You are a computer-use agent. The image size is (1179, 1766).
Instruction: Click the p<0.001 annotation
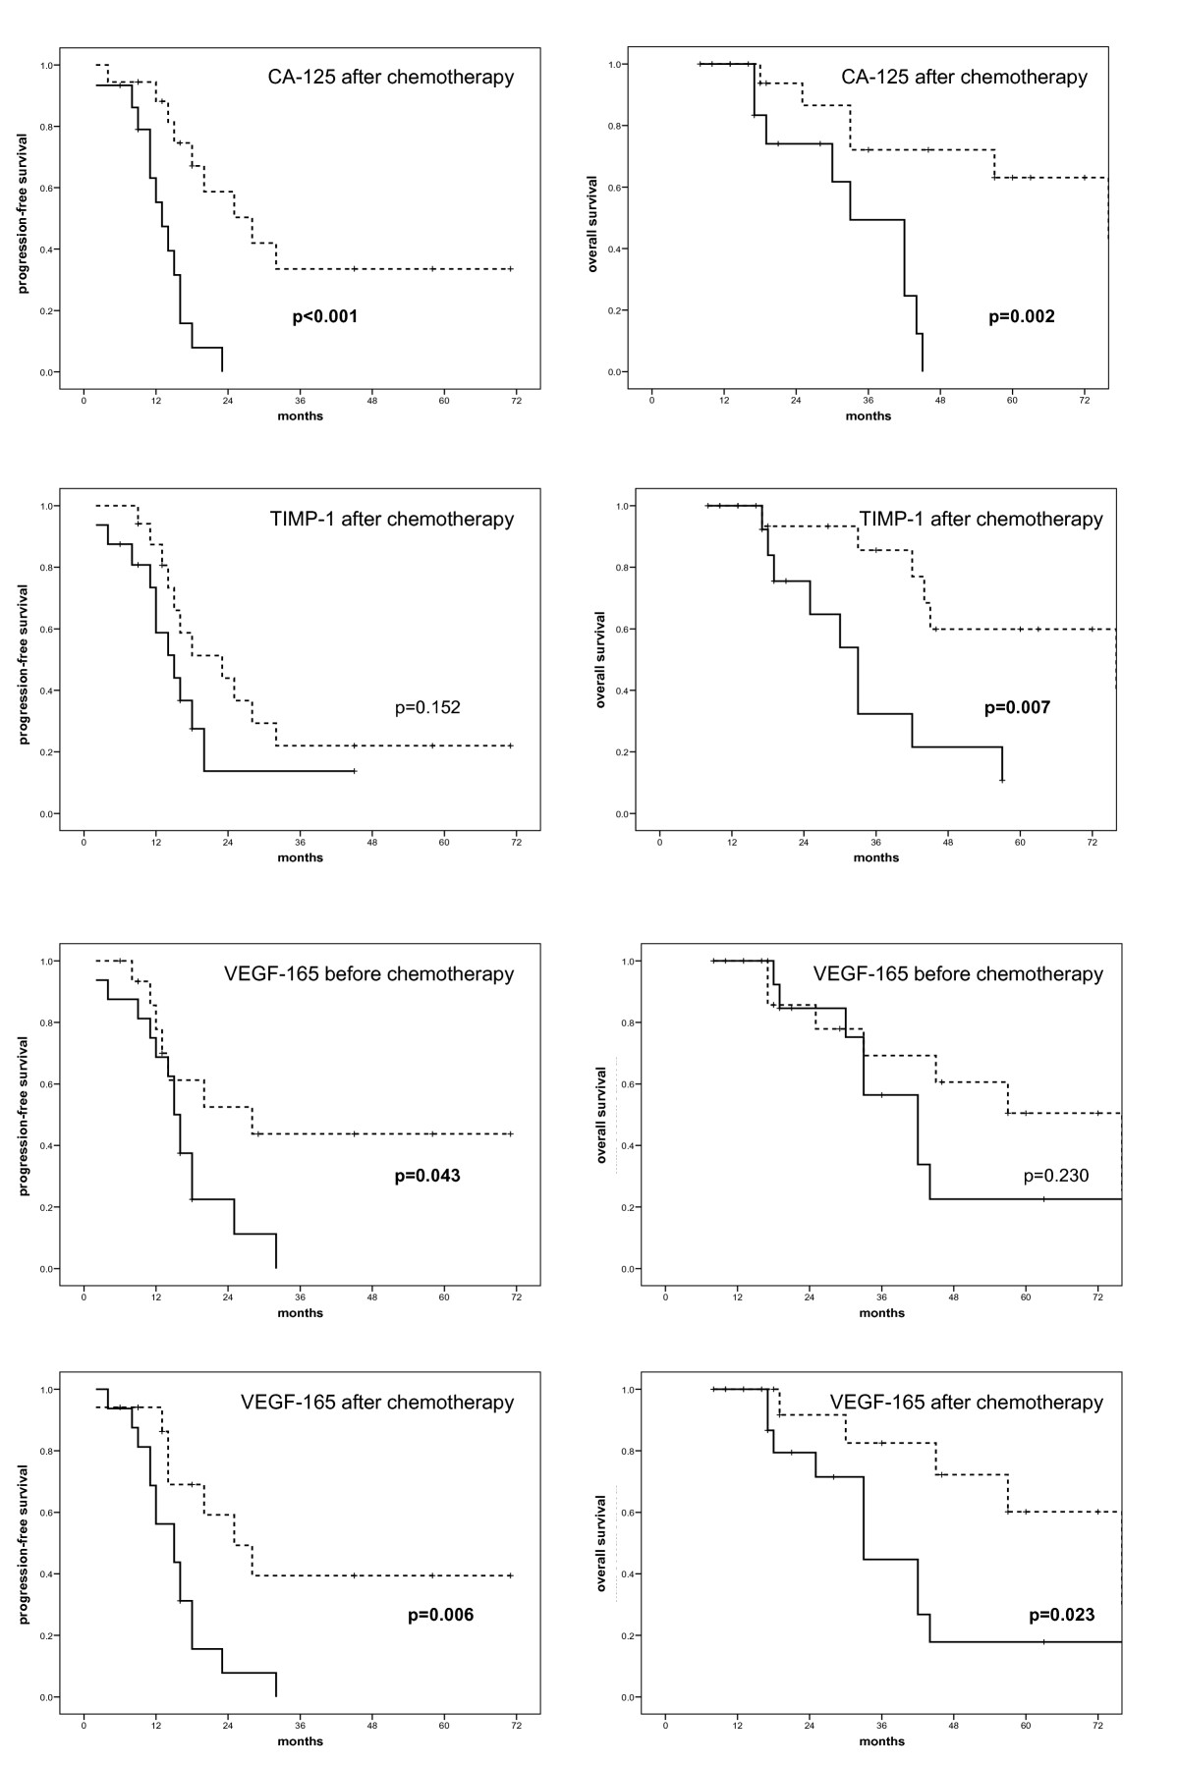click(325, 317)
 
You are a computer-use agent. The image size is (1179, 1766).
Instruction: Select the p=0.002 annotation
click(1022, 317)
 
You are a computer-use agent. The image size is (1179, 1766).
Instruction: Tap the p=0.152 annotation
click(427, 707)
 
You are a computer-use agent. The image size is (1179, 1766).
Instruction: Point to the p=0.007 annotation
click(1017, 707)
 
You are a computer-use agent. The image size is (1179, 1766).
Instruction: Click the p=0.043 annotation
click(427, 1176)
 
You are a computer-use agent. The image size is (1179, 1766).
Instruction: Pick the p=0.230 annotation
click(1056, 1176)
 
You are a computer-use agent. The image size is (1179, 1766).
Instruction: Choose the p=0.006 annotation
click(441, 1615)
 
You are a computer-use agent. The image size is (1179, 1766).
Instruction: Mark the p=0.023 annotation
click(1062, 1615)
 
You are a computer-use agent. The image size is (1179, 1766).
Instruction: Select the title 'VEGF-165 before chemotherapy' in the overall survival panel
click(958, 974)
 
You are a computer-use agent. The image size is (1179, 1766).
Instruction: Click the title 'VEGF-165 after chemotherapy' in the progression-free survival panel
click(377, 1403)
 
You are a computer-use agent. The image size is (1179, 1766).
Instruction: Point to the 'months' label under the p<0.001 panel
click(301, 415)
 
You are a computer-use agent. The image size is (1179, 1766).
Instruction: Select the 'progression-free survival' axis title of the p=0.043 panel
click(24, 1115)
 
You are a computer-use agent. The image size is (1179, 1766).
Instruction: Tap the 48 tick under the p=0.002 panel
click(940, 401)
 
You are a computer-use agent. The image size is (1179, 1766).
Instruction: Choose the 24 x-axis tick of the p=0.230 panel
click(810, 1297)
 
